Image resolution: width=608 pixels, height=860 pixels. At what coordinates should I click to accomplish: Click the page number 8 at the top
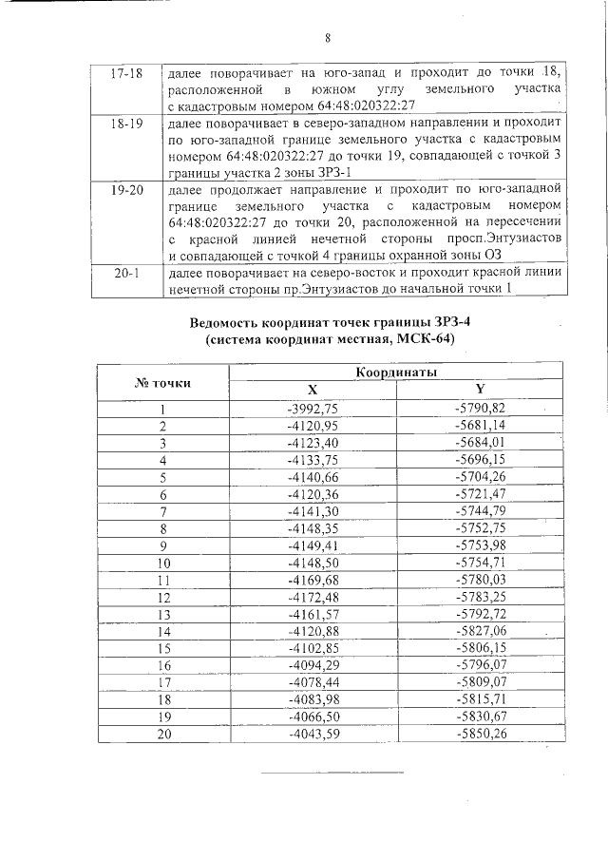tap(327, 39)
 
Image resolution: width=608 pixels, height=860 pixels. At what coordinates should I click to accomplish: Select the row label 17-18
tap(126, 74)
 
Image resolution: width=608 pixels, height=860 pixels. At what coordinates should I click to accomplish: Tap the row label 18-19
tap(126, 124)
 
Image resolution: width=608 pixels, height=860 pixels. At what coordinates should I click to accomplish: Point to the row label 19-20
tap(126, 190)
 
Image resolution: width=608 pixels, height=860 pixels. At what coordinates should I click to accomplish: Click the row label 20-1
tap(126, 273)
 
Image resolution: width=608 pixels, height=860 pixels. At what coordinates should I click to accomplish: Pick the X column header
tap(313, 391)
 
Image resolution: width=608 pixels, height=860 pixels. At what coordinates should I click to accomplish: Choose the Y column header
tap(480, 391)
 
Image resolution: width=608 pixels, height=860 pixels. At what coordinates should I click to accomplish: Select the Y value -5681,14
tap(480, 425)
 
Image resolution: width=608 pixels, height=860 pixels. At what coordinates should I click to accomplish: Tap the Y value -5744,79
tap(480, 511)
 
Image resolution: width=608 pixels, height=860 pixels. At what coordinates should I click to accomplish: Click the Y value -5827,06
tap(480, 631)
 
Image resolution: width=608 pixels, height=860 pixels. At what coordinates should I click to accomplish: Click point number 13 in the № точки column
tap(162, 614)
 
